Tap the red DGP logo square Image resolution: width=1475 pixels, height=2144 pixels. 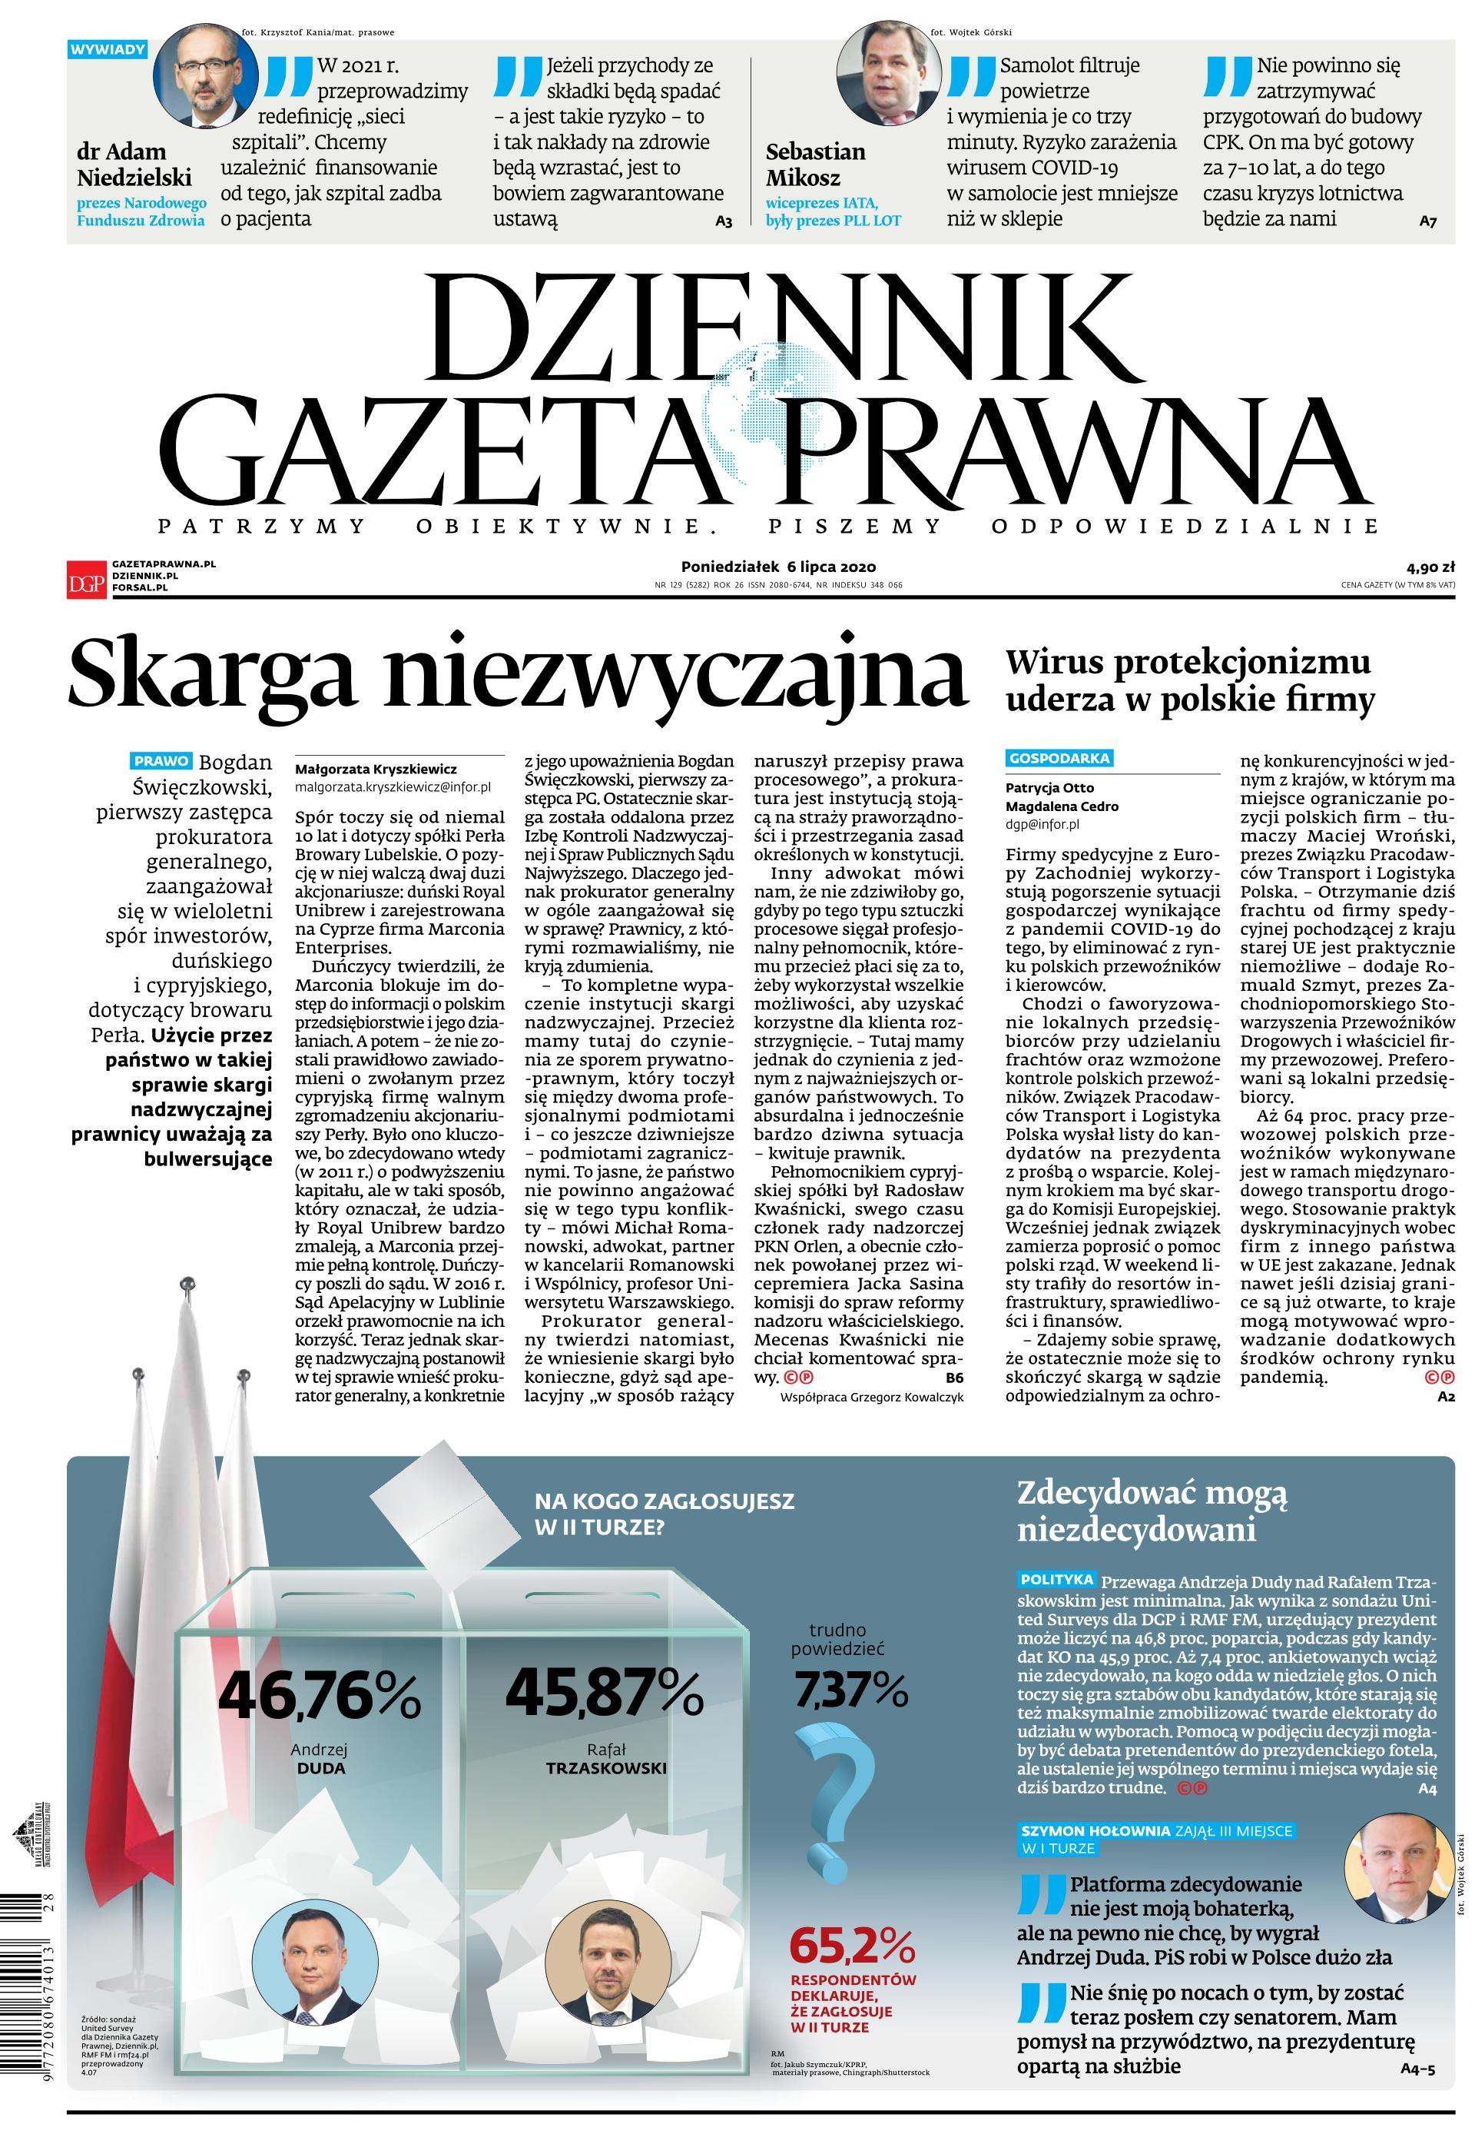[87, 579]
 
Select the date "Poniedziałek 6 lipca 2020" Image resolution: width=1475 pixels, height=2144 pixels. [778, 567]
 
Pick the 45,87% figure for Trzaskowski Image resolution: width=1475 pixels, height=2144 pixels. [605, 1691]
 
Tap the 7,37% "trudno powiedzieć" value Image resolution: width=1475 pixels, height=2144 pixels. [851, 1691]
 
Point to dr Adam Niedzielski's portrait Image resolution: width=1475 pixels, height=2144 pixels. [205, 77]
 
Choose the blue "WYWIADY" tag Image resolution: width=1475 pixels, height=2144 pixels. [108, 49]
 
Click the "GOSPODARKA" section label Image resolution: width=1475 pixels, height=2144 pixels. [1059, 758]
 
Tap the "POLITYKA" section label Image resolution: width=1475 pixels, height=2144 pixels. [1057, 1579]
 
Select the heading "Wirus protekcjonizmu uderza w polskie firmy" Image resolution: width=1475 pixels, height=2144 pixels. [1189, 681]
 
